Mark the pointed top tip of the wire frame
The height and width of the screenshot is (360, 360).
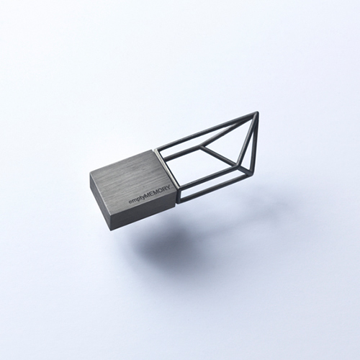(258, 112)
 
